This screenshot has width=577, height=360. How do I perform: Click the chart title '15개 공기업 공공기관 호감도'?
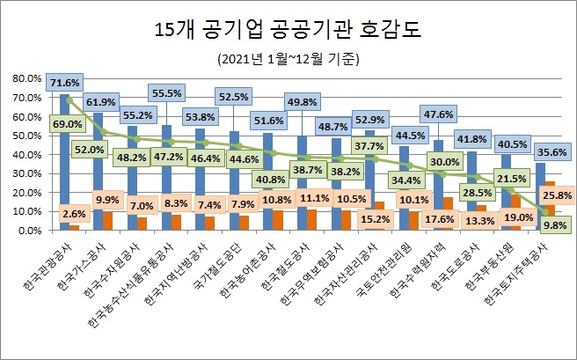coord(289,29)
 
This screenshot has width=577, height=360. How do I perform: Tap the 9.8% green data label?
coord(552,224)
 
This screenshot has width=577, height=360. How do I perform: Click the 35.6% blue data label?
coord(552,150)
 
